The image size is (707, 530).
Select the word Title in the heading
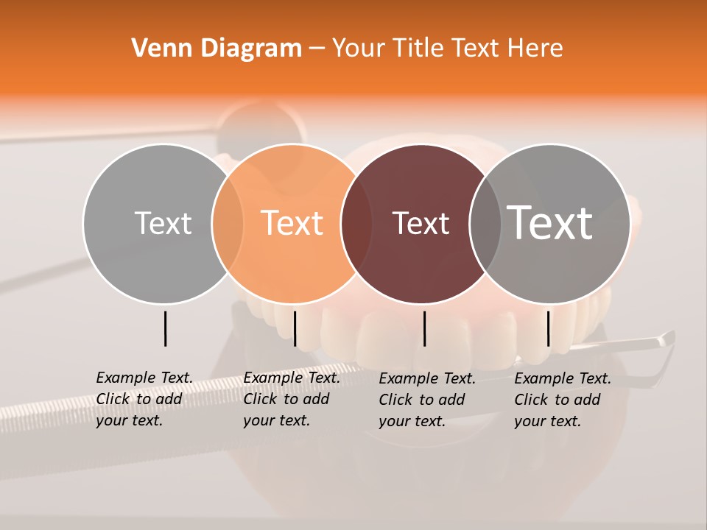click(418, 49)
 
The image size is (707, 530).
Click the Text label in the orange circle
click(292, 223)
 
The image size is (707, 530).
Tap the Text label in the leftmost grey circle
click(163, 223)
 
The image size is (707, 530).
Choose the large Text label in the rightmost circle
click(550, 222)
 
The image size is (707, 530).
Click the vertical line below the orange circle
click(295, 328)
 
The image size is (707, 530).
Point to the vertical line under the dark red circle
click(424, 328)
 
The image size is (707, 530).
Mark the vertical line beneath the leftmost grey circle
click(165, 328)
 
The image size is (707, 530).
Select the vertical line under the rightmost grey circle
click(548, 328)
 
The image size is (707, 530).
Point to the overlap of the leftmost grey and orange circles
click(228, 223)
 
